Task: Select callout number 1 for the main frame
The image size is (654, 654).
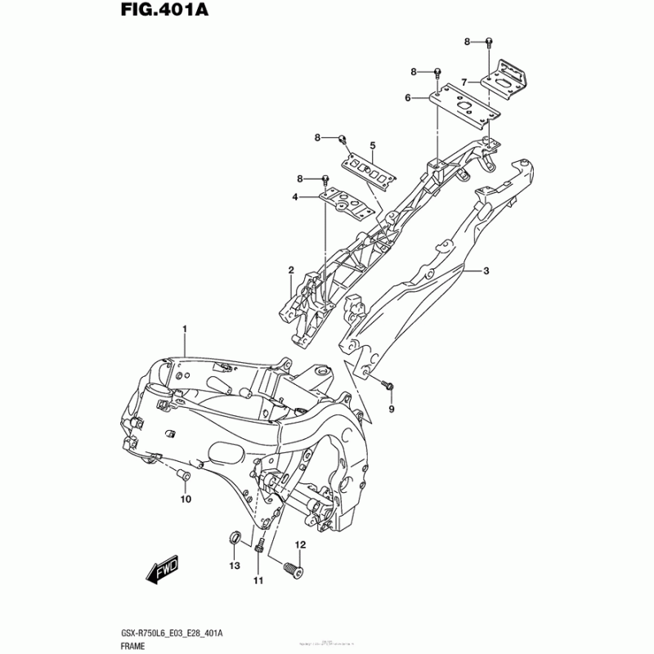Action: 185,329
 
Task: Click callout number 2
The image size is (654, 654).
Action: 290,270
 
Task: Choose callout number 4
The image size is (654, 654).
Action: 294,197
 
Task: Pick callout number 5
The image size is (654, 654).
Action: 372,146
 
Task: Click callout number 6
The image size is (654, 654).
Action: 406,98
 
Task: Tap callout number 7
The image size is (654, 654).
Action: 463,82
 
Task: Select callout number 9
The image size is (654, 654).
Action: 391,408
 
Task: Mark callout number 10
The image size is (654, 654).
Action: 186,499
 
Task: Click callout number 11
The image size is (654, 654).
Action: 258,580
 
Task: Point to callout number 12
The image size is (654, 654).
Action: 300,544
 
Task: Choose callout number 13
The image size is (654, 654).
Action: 234,566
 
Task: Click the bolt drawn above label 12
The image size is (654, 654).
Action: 293,565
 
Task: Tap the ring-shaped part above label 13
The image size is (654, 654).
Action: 233,539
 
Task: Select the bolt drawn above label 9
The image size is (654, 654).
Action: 388,384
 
